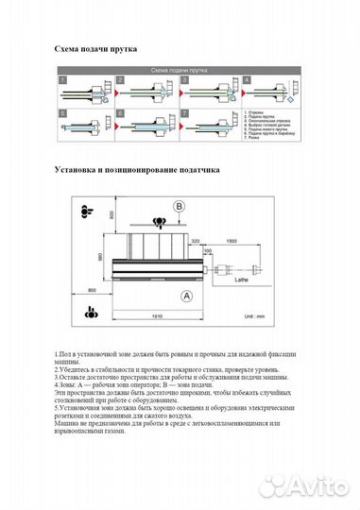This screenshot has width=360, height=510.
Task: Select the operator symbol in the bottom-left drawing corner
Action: (90, 312)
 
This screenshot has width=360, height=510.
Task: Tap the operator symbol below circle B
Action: (161, 223)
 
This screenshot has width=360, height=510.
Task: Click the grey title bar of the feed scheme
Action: (180, 71)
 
